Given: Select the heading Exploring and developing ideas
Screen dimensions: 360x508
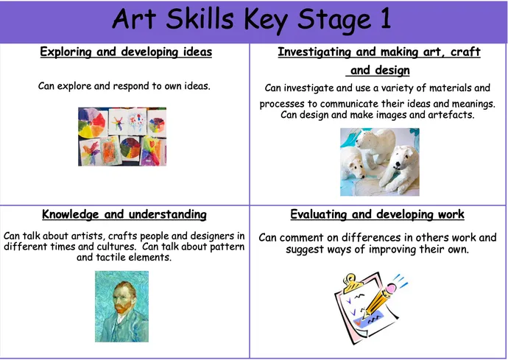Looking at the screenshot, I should (126, 52).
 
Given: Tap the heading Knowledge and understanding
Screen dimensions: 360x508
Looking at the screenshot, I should (124, 214).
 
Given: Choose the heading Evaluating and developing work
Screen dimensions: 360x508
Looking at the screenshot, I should (377, 214).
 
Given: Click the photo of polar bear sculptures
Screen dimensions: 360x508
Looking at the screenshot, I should (379, 162).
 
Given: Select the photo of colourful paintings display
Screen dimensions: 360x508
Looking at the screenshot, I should (122, 136).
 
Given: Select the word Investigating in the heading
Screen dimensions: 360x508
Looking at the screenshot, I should (315, 52).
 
